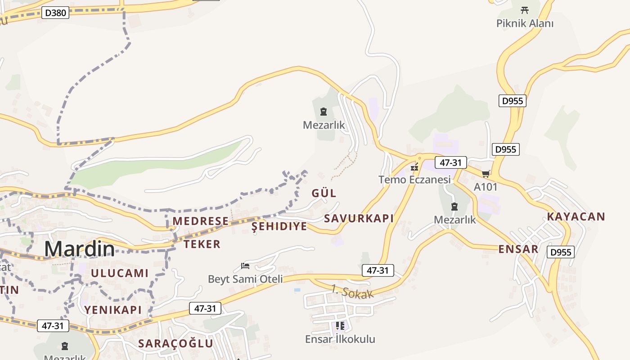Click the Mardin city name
pos(79,249)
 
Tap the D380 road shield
pos(56,13)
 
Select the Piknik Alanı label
pos(525,23)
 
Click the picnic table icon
pos(524,10)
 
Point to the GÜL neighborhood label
pos(324,193)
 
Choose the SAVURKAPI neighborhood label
pos(359,219)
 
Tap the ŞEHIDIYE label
pos(279,226)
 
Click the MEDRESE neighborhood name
pos(201,221)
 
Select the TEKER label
pos(202,244)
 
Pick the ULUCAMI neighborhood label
pos(120,273)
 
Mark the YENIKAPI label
pos(113,310)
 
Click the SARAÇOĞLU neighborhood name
pos(175,343)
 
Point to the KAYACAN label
pos(576,216)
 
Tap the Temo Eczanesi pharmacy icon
pos(414,167)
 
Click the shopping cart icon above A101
pos(486,174)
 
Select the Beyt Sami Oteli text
pos(245,279)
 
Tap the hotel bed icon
pos(245,266)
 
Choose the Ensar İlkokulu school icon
pos(340,325)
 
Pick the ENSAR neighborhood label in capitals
pos(518,249)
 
